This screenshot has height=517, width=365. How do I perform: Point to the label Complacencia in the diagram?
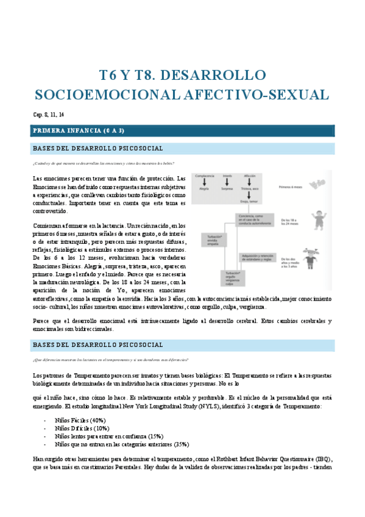click(204, 176)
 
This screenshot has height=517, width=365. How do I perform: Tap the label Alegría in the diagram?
click(204, 189)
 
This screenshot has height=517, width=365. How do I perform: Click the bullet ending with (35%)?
click(122, 444)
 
